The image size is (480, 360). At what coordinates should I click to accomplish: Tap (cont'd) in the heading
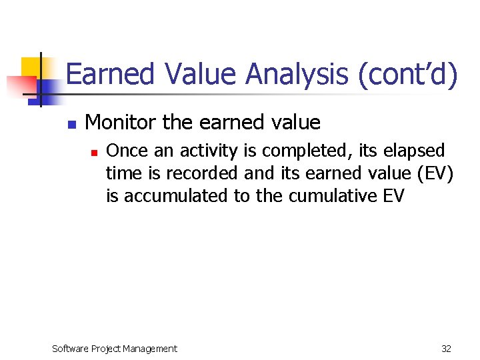407,74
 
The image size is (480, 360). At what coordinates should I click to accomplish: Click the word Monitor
121,123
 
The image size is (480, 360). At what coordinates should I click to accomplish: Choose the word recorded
203,173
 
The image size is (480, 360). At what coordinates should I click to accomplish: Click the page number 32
446,348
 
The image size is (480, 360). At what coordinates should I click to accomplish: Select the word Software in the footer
72,348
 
